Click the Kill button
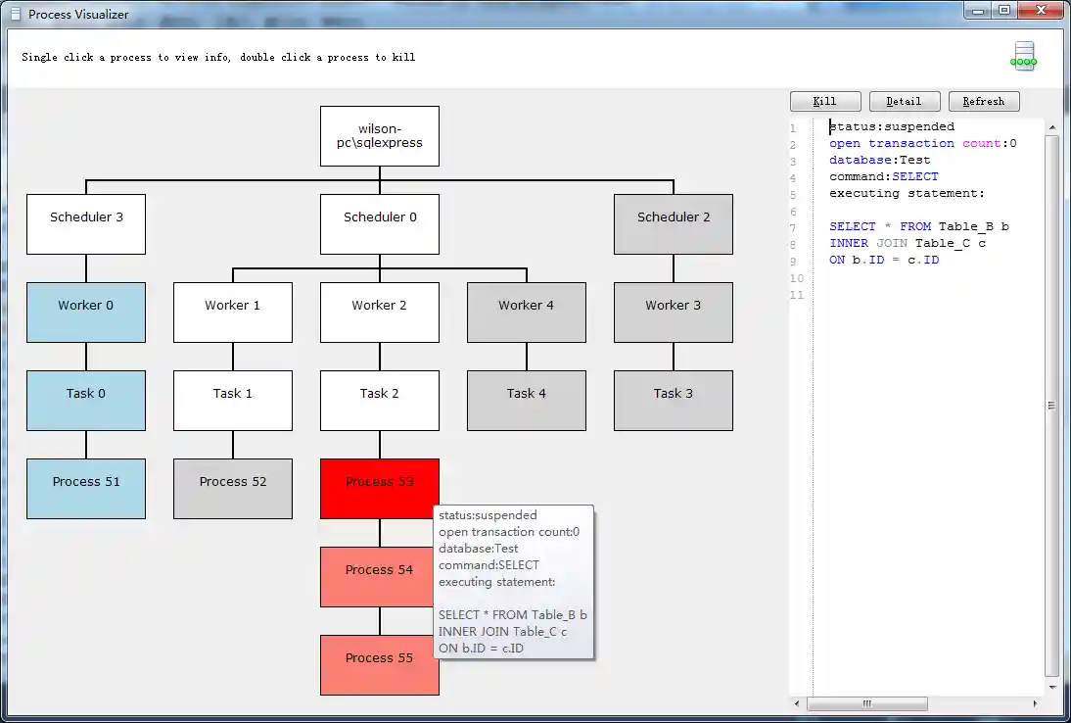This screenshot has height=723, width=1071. click(825, 101)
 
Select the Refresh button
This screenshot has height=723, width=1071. click(983, 101)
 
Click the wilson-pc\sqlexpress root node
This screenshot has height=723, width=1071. click(380, 136)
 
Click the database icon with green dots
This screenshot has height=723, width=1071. click(1024, 56)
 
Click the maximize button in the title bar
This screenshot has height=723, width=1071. click(1003, 11)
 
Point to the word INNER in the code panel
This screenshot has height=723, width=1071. click(849, 243)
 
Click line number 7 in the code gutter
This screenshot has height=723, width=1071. click(793, 227)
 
